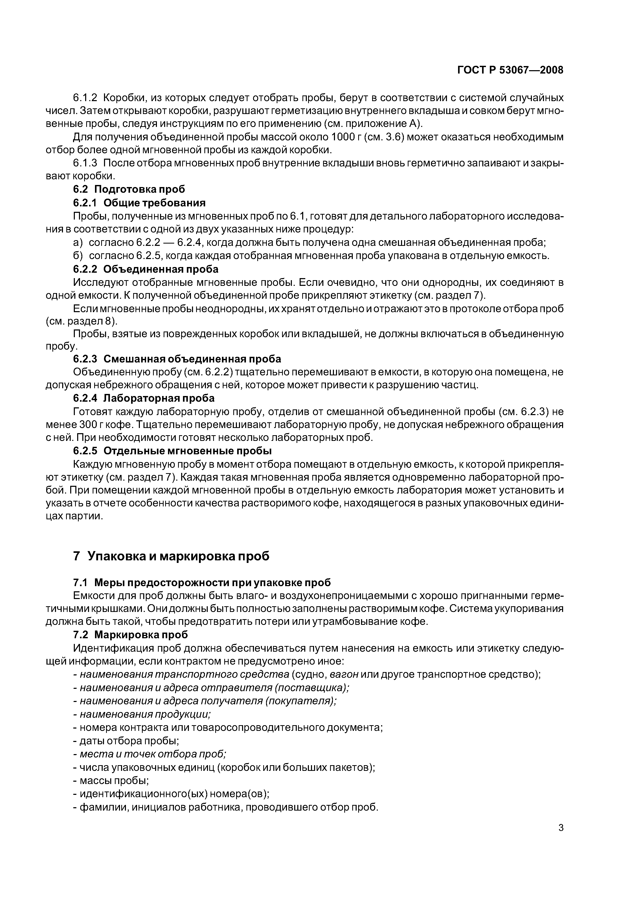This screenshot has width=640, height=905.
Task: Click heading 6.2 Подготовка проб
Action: pos(129,189)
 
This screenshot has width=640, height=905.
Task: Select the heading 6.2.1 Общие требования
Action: pos(139,203)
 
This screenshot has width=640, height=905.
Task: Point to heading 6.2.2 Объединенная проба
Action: pos(146,269)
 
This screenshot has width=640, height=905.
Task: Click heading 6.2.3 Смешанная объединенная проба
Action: pos(177,359)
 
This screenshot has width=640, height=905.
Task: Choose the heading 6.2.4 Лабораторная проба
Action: pos(144,398)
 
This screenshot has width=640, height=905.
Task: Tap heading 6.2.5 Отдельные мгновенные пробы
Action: pos(172,450)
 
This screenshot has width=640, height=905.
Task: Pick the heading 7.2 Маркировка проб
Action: pos(131,635)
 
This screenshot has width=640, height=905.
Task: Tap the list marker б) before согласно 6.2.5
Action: pos(78,256)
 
